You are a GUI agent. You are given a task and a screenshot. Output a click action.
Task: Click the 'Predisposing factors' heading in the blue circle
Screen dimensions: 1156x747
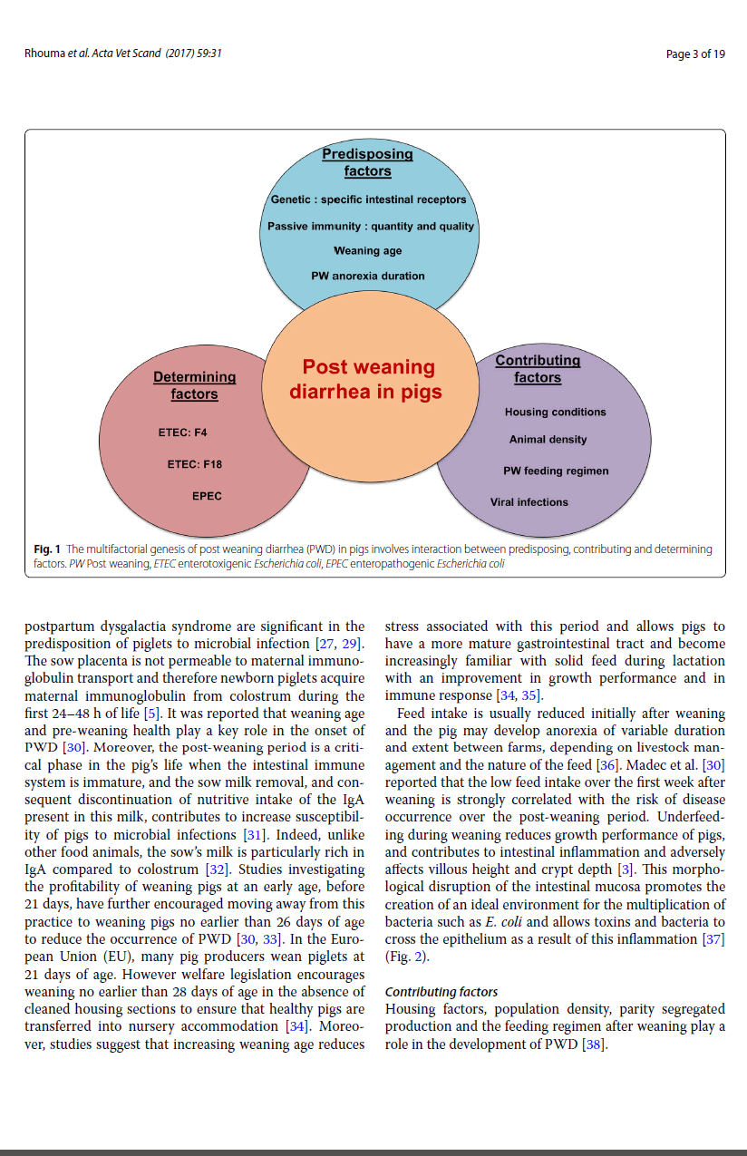(367, 162)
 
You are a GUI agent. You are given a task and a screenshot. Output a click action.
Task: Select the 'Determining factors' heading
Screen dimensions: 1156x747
(194, 385)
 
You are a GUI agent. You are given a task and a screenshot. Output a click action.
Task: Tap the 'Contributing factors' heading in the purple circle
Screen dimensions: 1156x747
(538, 369)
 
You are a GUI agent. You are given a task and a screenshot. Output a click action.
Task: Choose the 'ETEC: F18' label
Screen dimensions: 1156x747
(195, 464)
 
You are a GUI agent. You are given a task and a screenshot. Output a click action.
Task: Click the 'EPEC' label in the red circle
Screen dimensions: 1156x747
(207, 496)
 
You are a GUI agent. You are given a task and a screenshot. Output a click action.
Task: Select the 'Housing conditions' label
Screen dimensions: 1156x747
(555, 412)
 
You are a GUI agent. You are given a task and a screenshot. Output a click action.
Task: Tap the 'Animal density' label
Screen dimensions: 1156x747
(548, 440)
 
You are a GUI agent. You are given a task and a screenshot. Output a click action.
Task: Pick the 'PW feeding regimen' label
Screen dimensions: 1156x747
(556, 471)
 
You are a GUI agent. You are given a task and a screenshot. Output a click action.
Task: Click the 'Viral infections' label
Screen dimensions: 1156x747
(529, 502)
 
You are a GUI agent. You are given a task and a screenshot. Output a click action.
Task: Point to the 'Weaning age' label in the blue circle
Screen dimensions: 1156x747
(367, 251)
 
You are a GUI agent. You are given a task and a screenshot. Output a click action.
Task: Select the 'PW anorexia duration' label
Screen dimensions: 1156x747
(367, 276)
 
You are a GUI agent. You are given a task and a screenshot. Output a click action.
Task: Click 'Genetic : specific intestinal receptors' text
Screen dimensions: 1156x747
(368, 199)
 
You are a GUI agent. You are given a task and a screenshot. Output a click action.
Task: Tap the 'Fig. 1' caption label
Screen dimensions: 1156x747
(47, 549)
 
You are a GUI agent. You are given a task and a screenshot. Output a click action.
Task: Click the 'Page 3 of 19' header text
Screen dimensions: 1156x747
(695, 54)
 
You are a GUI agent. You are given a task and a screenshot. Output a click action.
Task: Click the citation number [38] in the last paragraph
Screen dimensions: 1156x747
(592, 1044)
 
